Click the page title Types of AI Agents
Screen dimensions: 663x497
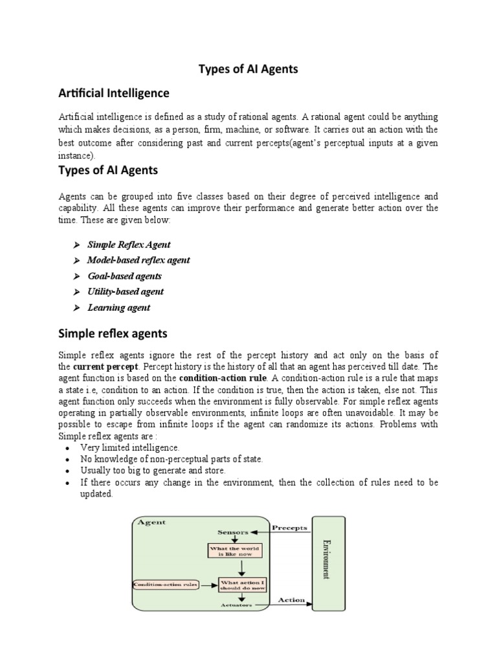(x=248, y=69)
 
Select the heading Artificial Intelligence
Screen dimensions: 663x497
(x=114, y=93)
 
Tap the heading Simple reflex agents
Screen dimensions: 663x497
(x=113, y=333)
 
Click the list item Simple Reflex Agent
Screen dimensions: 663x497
(x=129, y=245)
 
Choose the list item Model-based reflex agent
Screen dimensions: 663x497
(x=138, y=260)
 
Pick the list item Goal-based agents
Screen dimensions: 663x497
(x=124, y=276)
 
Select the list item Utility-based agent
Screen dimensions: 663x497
(x=126, y=292)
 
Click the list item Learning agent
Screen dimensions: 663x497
(x=118, y=308)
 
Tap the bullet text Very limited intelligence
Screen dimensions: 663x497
(x=130, y=447)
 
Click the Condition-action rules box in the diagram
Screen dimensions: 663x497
(x=166, y=585)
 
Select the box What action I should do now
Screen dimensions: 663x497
(x=243, y=585)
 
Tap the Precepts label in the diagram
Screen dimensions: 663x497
(x=289, y=528)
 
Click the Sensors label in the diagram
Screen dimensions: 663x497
(x=232, y=532)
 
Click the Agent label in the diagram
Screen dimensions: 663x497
(x=151, y=522)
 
